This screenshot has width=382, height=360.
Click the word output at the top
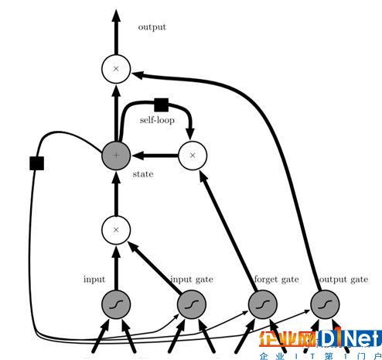click(x=152, y=27)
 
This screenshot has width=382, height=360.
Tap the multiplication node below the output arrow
click(x=116, y=69)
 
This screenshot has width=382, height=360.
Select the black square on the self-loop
click(x=162, y=105)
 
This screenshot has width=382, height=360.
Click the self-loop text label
click(x=157, y=120)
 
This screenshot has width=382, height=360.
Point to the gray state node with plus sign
click(x=116, y=156)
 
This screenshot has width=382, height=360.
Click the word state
click(x=143, y=174)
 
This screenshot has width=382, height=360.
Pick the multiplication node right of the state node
click(x=193, y=156)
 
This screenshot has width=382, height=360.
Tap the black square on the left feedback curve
click(x=37, y=163)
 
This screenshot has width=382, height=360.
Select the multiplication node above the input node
click(x=116, y=230)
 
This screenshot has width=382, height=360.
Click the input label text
click(x=94, y=279)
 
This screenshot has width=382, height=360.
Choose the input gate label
click(x=192, y=279)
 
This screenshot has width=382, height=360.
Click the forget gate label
click(x=277, y=279)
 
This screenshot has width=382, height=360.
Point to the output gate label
click(x=343, y=279)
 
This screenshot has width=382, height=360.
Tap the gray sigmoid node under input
click(x=116, y=304)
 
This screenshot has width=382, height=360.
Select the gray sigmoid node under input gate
click(x=192, y=304)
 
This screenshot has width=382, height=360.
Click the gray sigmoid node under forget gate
click(x=263, y=304)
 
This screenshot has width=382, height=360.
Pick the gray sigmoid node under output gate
click(x=325, y=304)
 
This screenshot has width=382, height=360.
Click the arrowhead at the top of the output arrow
click(x=116, y=15)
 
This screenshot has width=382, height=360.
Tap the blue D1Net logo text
click(x=350, y=337)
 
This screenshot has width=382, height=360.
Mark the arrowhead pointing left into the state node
click(x=138, y=156)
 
